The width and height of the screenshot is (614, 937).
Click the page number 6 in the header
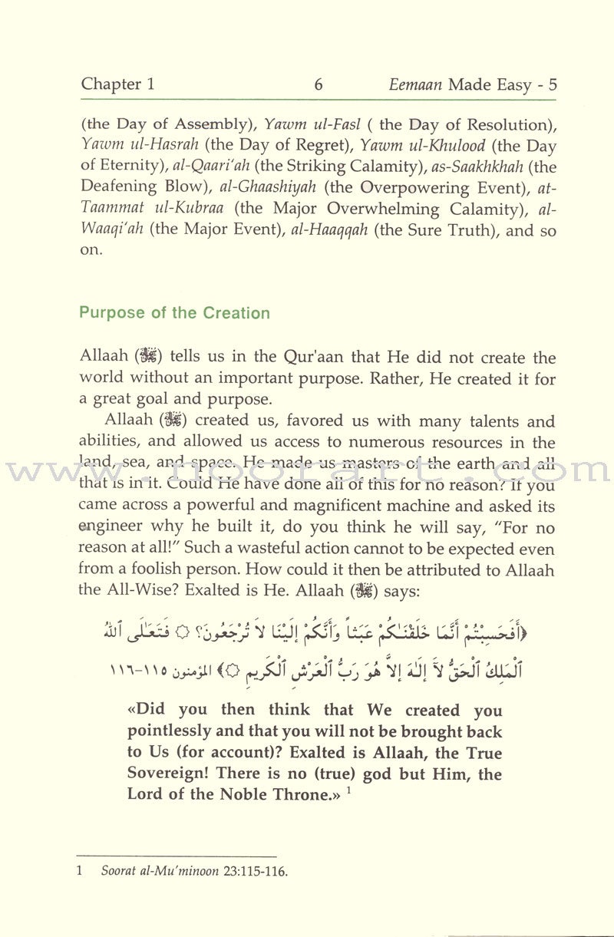[318, 84]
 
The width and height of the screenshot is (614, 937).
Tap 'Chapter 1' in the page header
[117, 84]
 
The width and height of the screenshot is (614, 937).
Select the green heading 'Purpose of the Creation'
[175, 313]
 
